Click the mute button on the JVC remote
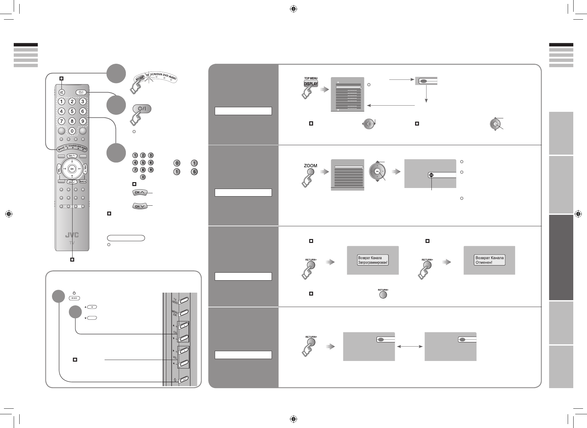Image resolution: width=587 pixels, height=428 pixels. coord(61,93)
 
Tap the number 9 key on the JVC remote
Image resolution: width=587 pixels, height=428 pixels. coord(83,121)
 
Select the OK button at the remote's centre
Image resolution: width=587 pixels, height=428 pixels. coord(72,169)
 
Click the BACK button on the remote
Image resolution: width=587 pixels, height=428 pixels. coord(83,181)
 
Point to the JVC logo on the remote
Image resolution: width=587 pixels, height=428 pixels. coord(72,235)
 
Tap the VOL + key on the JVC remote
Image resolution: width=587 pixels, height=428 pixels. coord(85,169)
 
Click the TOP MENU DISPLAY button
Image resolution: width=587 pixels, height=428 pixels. coord(310,83)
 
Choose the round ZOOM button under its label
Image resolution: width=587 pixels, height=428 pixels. coord(310,173)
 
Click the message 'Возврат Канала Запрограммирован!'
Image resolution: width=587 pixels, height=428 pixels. coord(373,260)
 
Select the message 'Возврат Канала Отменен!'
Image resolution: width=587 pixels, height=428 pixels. coord(490,260)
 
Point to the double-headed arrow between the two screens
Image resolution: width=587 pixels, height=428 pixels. coord(410,347)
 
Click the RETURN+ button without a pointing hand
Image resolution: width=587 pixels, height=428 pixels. coord(383,295)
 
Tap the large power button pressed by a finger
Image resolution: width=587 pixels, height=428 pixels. coord(142,109)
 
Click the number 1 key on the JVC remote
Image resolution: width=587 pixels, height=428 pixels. coord(61,102)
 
